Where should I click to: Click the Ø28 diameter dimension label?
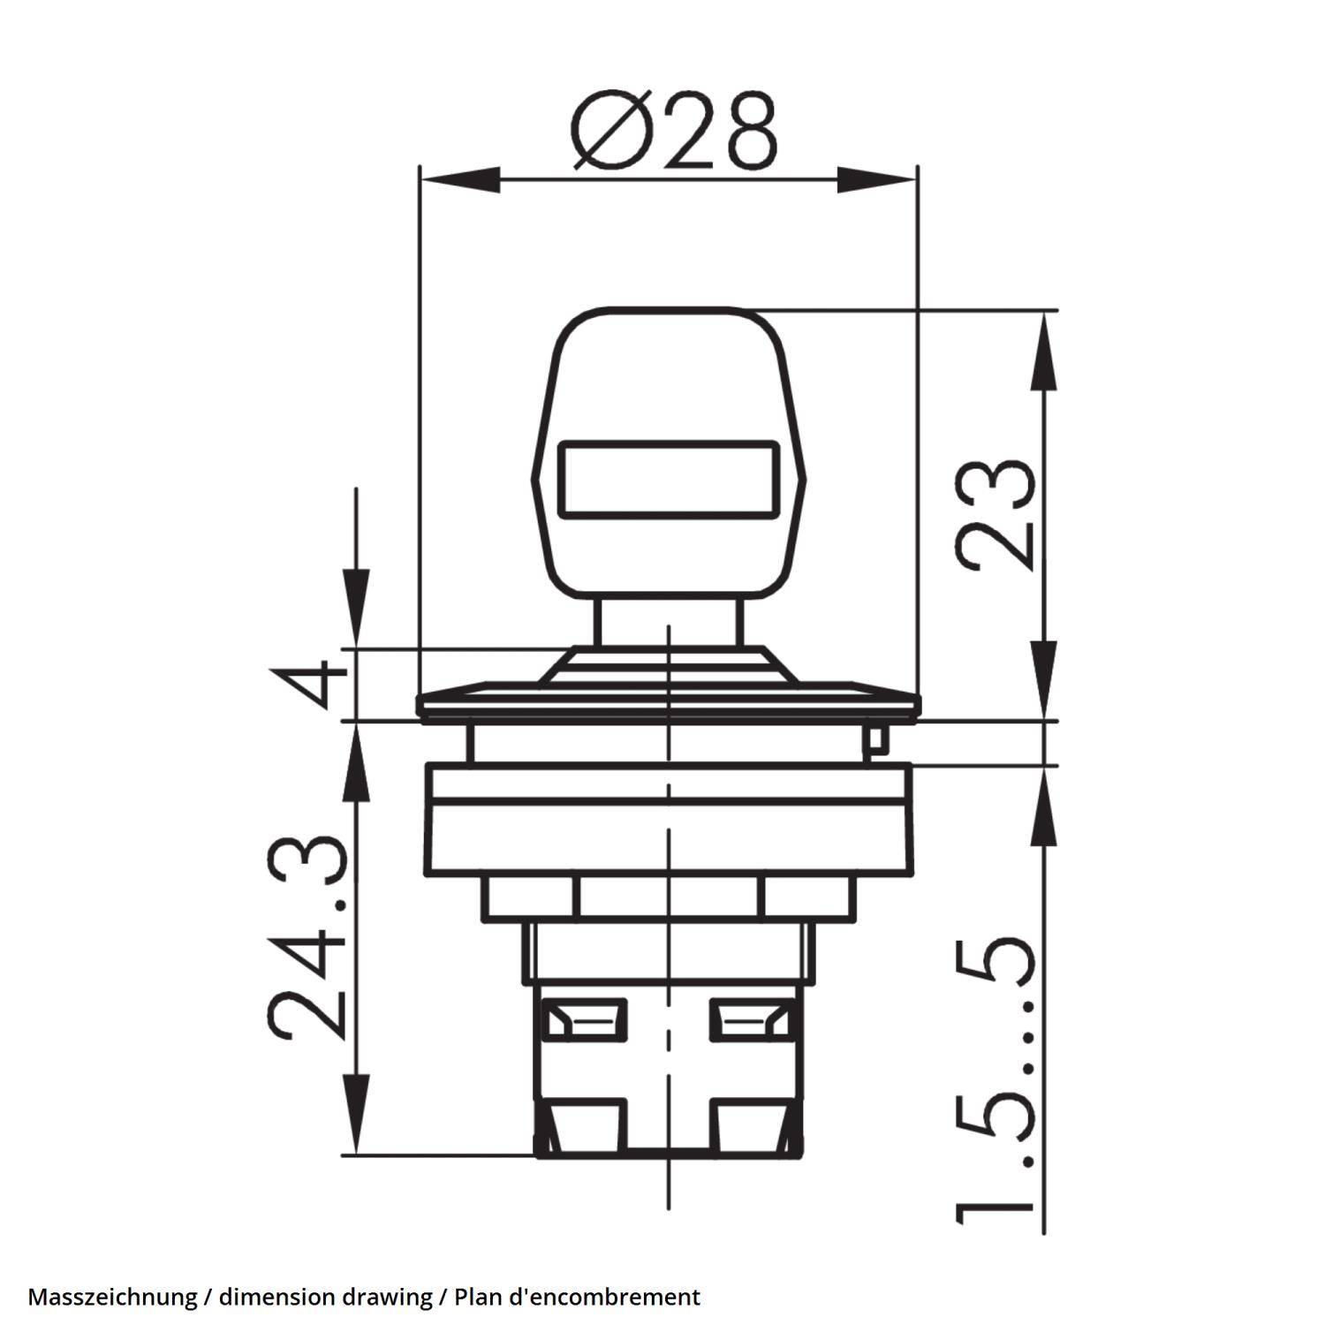click(674, 129)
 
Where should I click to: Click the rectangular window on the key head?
click(669, 479)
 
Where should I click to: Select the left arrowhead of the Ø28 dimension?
click(459, 179)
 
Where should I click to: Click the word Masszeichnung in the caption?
click(112, 1297)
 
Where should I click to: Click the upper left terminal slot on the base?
click(585, 1018)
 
